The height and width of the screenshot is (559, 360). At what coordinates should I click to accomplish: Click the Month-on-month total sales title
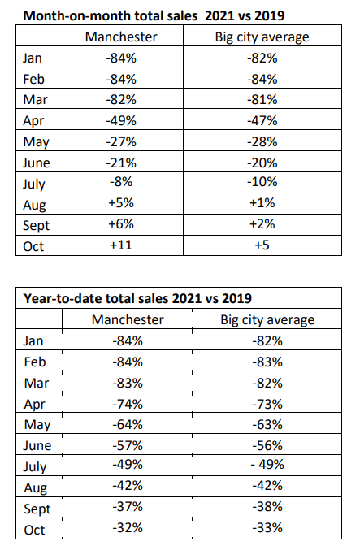click(x=154, y=15)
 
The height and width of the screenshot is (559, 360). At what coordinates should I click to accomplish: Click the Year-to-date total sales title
click(x=137, y=298)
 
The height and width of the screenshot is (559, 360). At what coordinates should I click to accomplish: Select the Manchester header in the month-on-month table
click(x=121, y=37)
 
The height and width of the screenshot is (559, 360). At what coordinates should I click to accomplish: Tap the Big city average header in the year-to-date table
click(x=267, y=320)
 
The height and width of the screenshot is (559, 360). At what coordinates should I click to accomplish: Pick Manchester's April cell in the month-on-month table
click(x=121, y=120)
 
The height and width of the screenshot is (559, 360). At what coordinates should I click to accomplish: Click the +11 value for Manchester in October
click(x=121, y=245)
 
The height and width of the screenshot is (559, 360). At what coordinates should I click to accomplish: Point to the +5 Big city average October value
click(x=262, y=245)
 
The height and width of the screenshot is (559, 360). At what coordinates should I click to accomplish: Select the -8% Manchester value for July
click(x=121, y=182)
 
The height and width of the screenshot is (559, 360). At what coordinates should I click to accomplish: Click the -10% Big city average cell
click(x=262, y=182)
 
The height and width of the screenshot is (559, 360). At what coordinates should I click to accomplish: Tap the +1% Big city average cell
click(x=262, y=203)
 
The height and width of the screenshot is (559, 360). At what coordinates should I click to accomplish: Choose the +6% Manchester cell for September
click(x=121, y=224)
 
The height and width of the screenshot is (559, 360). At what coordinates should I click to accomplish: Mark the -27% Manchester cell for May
click(x=121, y=141)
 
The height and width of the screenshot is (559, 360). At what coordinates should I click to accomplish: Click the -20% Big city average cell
click(x=262, y=163)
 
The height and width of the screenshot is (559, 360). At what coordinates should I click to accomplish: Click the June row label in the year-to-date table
click(x=37, y=445)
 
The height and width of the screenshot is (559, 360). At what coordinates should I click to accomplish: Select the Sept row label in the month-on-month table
click(x=36, y=225)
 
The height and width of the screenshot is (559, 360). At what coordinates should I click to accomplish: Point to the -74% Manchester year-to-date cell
click(x=128, y=404)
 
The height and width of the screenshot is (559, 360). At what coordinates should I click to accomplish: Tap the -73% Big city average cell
click(x=267, y=404)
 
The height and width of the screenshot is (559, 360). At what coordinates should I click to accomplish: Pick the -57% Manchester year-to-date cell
click(x=128, y=445)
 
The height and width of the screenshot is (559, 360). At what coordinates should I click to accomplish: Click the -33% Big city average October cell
click(x=267, y=527)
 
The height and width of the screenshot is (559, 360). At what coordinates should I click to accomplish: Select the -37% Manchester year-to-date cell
click(x=128, y=507)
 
